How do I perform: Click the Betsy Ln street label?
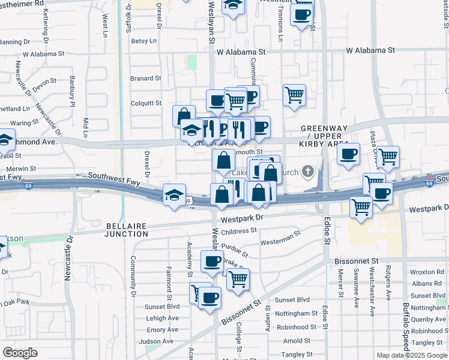coord(143,41)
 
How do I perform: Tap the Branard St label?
coord(145,78)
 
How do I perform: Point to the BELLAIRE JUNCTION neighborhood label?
coord(126,230)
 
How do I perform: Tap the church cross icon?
coord(308,172)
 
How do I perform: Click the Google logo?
coord(20,353)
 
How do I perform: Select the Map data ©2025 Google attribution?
coord(411,355)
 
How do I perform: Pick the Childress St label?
coord(238,231)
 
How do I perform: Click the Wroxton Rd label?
coord(427,272)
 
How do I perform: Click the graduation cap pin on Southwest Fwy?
coord(174,194)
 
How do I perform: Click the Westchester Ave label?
coord(372,288)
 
